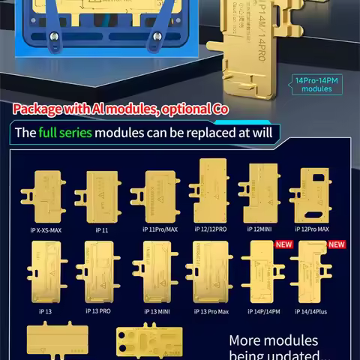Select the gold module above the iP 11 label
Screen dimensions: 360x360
coord(102,196)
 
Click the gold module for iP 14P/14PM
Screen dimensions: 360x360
coord(259,273)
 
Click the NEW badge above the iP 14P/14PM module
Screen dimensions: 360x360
coord(283,244)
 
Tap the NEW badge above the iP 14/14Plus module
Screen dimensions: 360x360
coord(337,244)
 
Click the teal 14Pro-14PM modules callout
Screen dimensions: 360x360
coord(316,85)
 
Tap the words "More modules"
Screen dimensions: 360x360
coord(273,341)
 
